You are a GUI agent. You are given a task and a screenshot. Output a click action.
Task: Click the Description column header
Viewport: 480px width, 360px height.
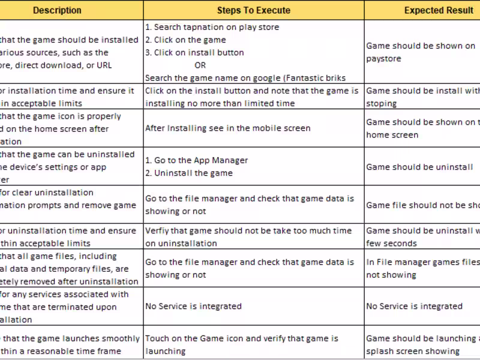[57, 10]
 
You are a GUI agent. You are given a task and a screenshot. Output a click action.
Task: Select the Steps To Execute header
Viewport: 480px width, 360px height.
[253, 10]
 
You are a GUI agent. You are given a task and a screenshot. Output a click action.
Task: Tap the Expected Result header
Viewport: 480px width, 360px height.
[439, 10]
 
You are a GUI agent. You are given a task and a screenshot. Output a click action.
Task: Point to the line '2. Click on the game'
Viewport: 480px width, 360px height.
[185, 40]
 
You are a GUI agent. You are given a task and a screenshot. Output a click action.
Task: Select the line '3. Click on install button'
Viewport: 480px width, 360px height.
[194, 52]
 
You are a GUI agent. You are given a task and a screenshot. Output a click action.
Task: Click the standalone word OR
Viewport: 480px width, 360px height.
[200, 65]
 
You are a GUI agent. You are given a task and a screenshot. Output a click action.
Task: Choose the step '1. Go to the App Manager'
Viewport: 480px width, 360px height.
[196, 160]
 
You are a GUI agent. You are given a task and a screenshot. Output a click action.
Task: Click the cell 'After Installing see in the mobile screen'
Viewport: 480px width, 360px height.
[227, 128]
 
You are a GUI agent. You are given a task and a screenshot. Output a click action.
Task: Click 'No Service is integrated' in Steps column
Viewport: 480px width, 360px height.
[193, 306]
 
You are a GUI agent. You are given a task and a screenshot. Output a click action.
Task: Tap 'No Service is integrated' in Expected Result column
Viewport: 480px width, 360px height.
[414, 306]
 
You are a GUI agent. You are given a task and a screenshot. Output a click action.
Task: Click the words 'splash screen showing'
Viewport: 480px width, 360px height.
[413, 351]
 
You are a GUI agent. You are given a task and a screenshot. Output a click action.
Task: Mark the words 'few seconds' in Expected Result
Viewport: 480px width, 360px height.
[391, 243]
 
